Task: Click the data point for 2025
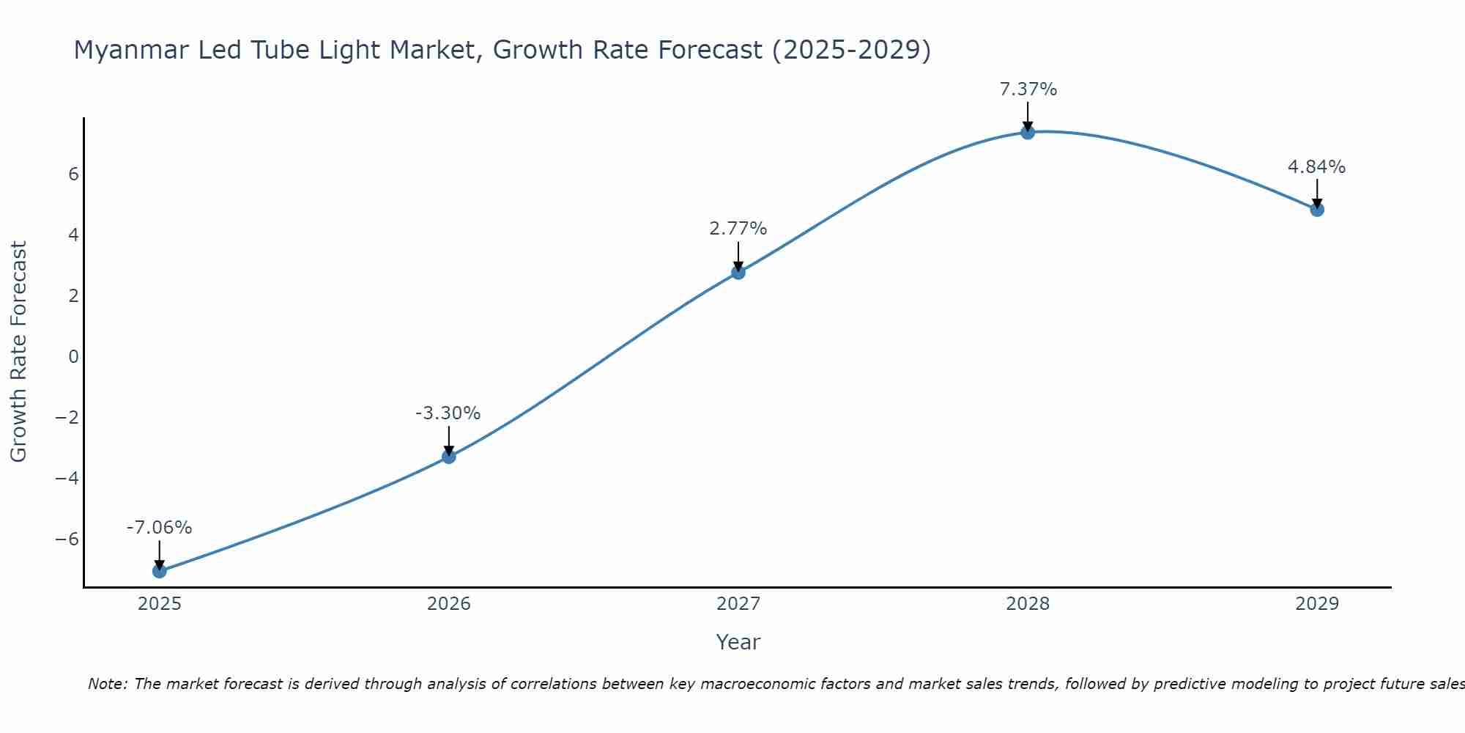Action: tap(160, 571)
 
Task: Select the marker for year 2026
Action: tap(449, 457)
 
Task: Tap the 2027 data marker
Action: tap(738, 272)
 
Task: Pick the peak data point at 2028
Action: tap(1028, 132)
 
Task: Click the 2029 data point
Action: tap(1317, 210)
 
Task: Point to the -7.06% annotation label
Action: tap(160, 528)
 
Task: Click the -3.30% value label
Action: tap(448, 413)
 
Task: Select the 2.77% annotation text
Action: tap(738, 229)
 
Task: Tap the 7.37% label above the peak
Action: tap(1028, 89)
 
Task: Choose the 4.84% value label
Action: tap(1317, 167)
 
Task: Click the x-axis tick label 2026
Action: tap(449, 604)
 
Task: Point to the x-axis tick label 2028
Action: tap(1028, 604)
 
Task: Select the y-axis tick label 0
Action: tap(73, 357)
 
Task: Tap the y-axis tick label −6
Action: tap(67, 539)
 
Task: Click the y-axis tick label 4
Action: tap(73, 235)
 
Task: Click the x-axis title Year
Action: tap(738, 642)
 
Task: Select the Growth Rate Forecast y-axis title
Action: tap(18, 352)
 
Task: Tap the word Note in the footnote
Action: tap(106, 684)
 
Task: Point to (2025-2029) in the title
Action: tap(851, 50)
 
